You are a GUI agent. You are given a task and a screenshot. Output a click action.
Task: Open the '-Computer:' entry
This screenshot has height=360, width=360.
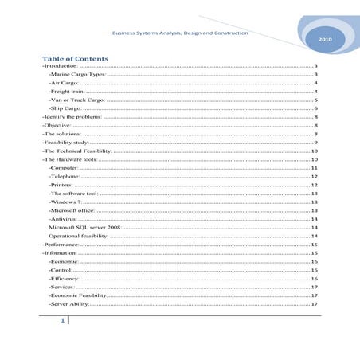click(x=64, y=192)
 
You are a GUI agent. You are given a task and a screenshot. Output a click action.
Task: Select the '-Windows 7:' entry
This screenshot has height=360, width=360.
click(x=65, y=225)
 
